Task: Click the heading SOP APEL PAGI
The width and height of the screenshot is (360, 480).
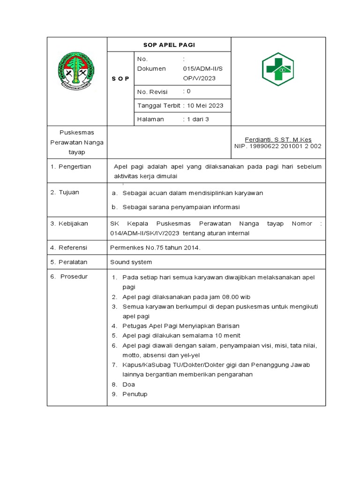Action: [169, 45]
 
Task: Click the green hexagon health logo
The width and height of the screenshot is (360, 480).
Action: [277, 69]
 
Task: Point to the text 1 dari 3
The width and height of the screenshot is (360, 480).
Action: [198, 119]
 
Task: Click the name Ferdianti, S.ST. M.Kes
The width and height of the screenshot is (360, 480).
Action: [278, 140]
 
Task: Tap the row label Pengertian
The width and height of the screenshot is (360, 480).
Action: [75, 166]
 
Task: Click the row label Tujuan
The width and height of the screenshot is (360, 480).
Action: [68, 192]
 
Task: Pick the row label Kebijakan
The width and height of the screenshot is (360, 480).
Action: [73, 224]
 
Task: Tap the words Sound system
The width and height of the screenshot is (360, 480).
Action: [131, 262]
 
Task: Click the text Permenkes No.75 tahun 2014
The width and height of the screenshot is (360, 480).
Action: [155, 247]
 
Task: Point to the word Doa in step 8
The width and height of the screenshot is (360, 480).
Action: [128, 384]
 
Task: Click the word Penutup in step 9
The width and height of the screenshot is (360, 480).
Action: [135, 394]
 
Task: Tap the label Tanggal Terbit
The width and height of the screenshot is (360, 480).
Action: [158, 105]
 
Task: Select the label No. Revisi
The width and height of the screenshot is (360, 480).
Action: [152, 92]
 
